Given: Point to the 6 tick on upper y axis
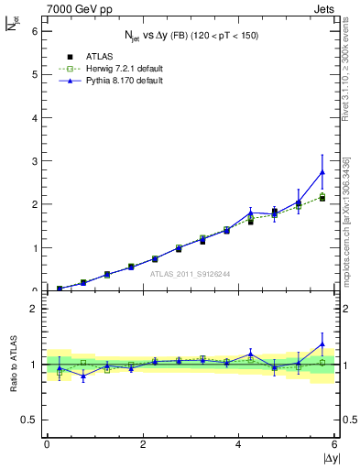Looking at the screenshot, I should pos(35,30).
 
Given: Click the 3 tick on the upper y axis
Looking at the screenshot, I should pos(35,161).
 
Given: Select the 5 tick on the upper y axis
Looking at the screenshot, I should pos(35,74).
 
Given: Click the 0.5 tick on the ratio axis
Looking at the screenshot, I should pos(31,420).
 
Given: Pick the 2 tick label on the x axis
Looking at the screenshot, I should pos(143,444).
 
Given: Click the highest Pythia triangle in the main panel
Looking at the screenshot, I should pos(322,171).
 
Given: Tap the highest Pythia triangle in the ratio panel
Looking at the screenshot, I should pos(322,344).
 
